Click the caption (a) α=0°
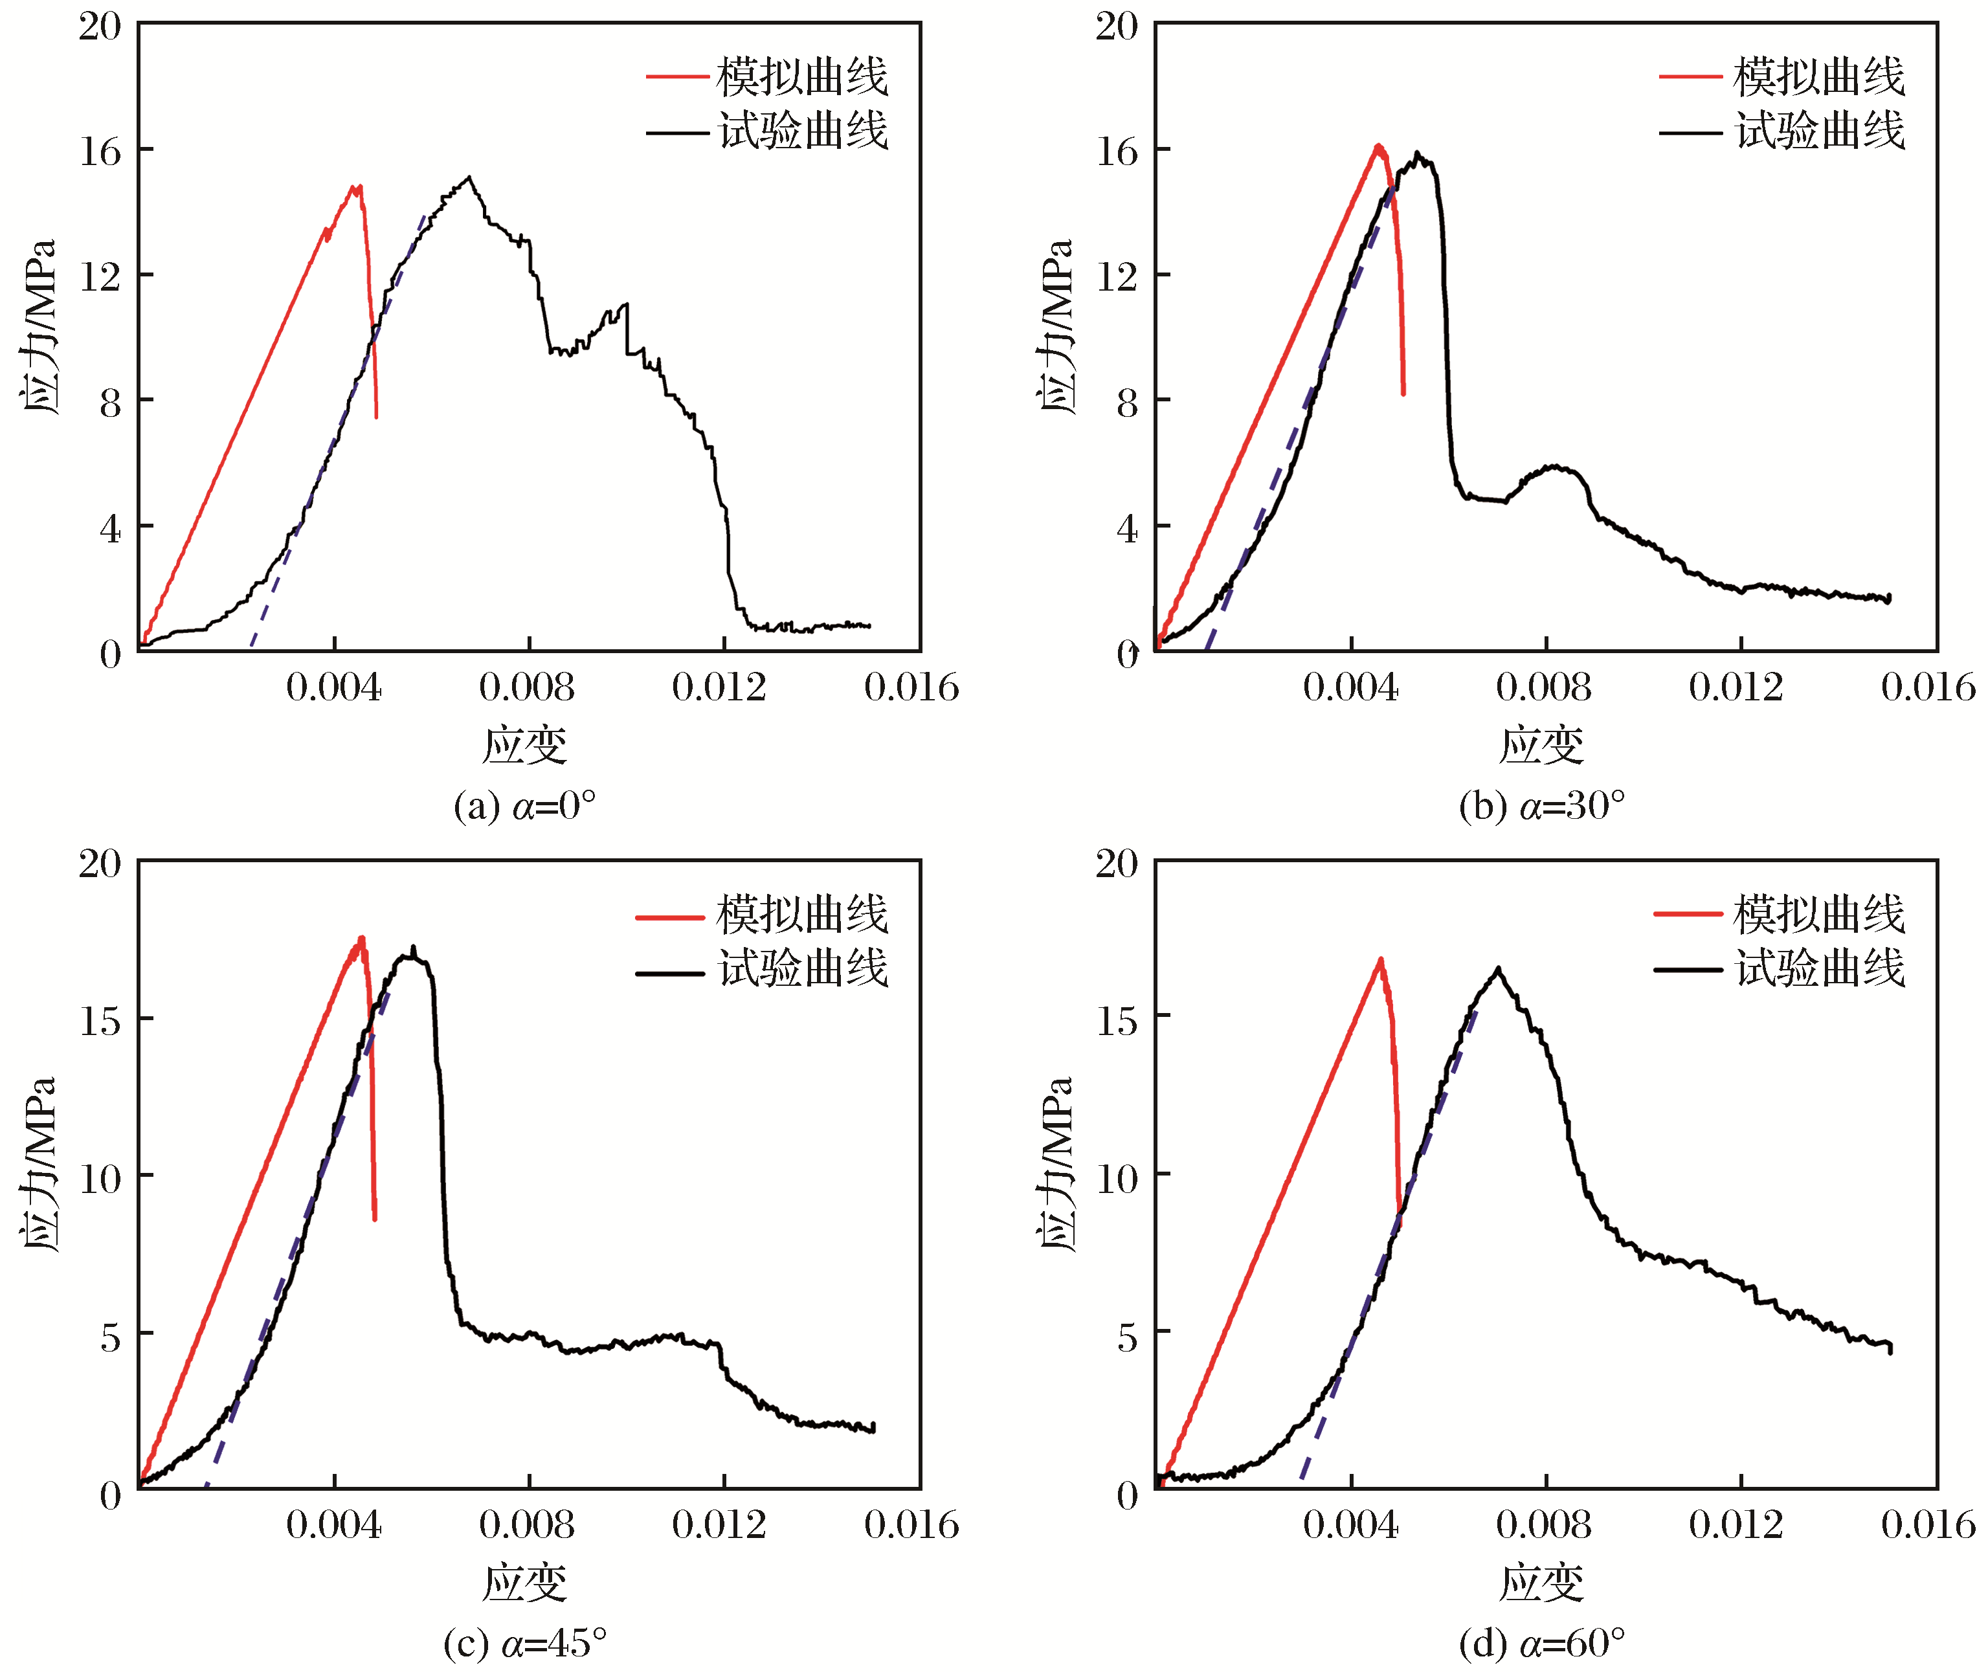[x=524, y=807]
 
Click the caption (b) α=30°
[x=1541, y=807]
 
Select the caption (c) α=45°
[x=524, y=1644]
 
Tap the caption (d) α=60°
[x=1541, y=1644]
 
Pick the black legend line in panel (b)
[x=1690, y=133]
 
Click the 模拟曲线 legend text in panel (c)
[x=802, y=915]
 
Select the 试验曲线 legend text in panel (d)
[x=1819, y=968]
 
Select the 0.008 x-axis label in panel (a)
[x=527, y=687]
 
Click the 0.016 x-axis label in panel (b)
[x=1928, y=687]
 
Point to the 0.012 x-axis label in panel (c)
[x=720, y=1525]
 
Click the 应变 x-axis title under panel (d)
[x=1541, y=1583]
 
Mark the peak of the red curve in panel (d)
[x=1380, y=960]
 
